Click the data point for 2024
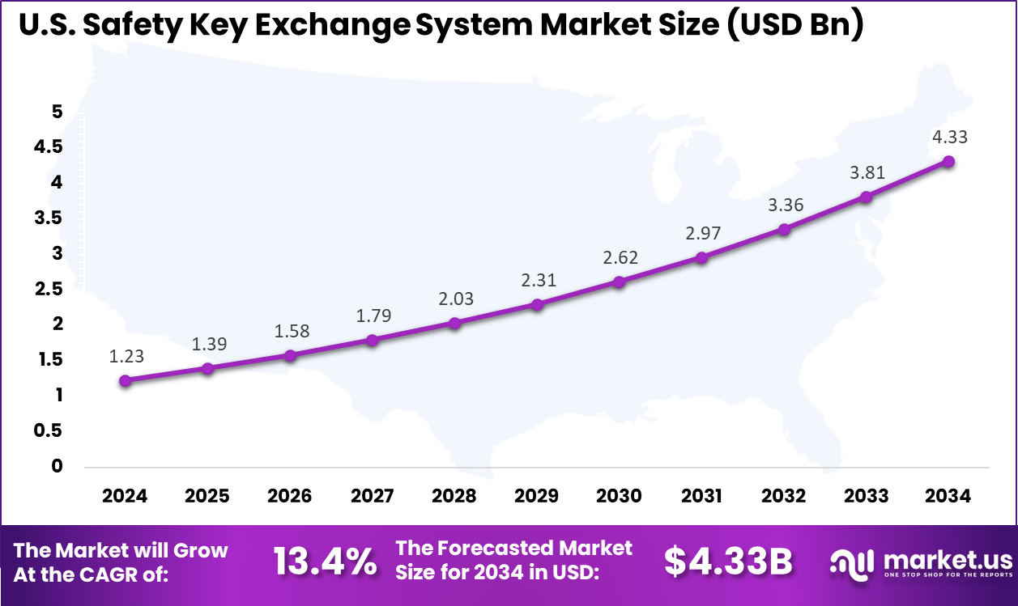coord(125,380)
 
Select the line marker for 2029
coord(537,304)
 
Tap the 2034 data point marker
coord(949,162)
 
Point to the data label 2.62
coord(620,258)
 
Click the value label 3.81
coord(867,172)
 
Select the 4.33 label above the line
coord(949,138)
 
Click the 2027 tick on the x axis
coord(373,496)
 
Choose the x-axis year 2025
coord(207,496)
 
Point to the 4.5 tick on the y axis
coord(49,147)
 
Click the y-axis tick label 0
coord(57,466)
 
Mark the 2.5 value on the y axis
coord(49,289)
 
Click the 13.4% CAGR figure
coord(325,562)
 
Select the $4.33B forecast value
coord(728,562)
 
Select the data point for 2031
coord(702,257)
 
